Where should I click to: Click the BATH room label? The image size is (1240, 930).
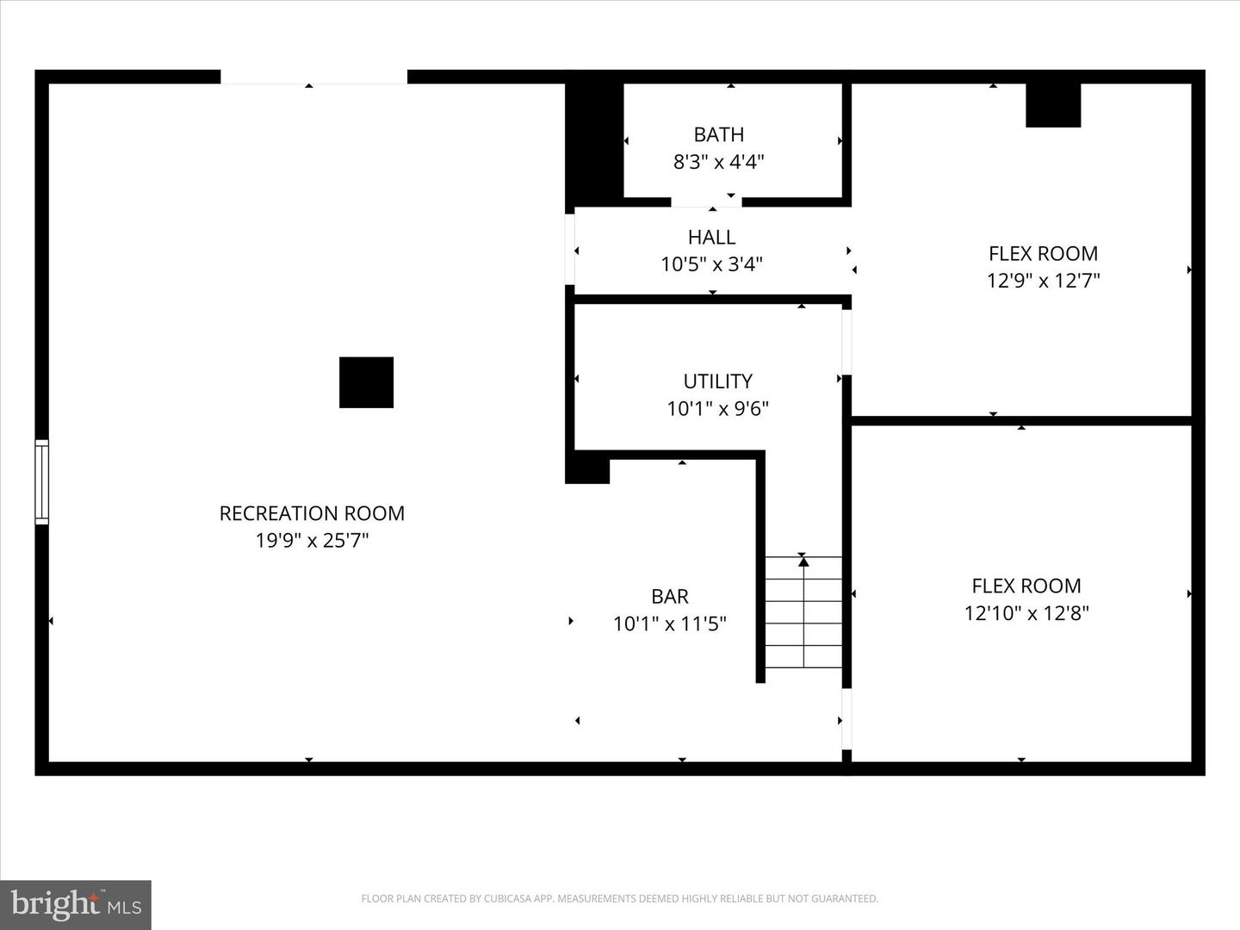(718, 134)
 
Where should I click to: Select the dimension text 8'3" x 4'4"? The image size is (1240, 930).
(718, 161)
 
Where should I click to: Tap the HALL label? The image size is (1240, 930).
(711, 237)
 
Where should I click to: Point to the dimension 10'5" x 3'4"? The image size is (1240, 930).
(711, 263)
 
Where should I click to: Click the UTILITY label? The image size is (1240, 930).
(717, 381)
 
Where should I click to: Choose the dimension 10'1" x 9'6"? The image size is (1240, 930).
(717, 408)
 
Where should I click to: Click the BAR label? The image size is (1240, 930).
(669, 596)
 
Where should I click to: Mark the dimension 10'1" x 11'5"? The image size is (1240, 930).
(669, 623)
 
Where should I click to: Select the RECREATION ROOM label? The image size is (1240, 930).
(312, 513)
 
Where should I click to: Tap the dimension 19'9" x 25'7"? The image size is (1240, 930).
(312, 541)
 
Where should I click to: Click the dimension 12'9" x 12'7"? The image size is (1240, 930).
(1043, 281)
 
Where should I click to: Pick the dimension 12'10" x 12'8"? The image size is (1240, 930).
(1026, 613)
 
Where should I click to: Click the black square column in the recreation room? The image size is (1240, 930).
(366, 382)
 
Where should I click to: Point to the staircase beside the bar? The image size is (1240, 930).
(803, 612)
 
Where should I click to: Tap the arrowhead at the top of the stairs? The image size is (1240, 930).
(803, 561)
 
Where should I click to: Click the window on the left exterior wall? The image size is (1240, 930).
(41, 481)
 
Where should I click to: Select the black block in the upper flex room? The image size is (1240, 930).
(1052, 106)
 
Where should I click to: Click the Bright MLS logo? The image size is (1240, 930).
(76, 904)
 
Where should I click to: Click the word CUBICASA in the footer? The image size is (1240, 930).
(507, 899)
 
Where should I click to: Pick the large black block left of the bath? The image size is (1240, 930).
(593, 142)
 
